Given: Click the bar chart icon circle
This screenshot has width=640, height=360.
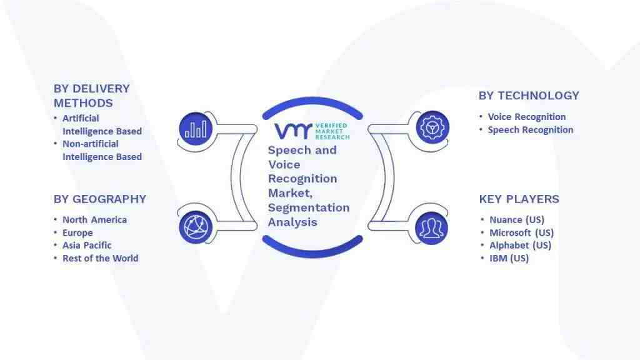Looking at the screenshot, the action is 196,129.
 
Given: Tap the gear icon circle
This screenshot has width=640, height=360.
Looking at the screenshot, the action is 432,127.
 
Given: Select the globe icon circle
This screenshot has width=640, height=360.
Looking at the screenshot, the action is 196,227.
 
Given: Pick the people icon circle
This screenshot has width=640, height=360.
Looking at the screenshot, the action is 431,228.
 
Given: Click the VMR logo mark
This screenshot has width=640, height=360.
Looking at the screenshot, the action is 293,131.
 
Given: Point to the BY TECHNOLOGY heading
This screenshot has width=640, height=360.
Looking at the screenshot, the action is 529,96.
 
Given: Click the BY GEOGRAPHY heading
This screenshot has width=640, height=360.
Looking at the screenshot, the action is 100,199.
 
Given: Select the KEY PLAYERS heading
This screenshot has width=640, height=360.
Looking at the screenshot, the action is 519,199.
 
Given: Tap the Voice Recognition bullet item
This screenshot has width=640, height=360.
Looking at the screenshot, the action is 527,117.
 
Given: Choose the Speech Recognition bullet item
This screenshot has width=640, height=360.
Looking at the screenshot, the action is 531,130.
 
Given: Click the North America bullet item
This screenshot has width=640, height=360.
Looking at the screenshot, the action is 95,219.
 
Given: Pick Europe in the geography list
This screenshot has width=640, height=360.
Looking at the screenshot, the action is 77,232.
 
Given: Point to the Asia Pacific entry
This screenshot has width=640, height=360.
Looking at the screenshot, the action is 87,245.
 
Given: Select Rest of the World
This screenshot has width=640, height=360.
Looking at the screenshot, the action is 101,258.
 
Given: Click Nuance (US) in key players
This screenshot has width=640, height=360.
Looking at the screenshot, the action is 517,220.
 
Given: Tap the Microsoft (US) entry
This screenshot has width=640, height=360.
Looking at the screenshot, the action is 522,232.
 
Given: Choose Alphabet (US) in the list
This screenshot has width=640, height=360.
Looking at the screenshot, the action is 521,245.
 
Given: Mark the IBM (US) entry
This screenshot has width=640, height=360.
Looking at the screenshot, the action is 509,258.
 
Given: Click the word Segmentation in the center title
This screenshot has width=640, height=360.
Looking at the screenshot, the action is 309,207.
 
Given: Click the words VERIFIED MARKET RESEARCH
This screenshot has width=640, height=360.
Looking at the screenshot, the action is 332,131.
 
